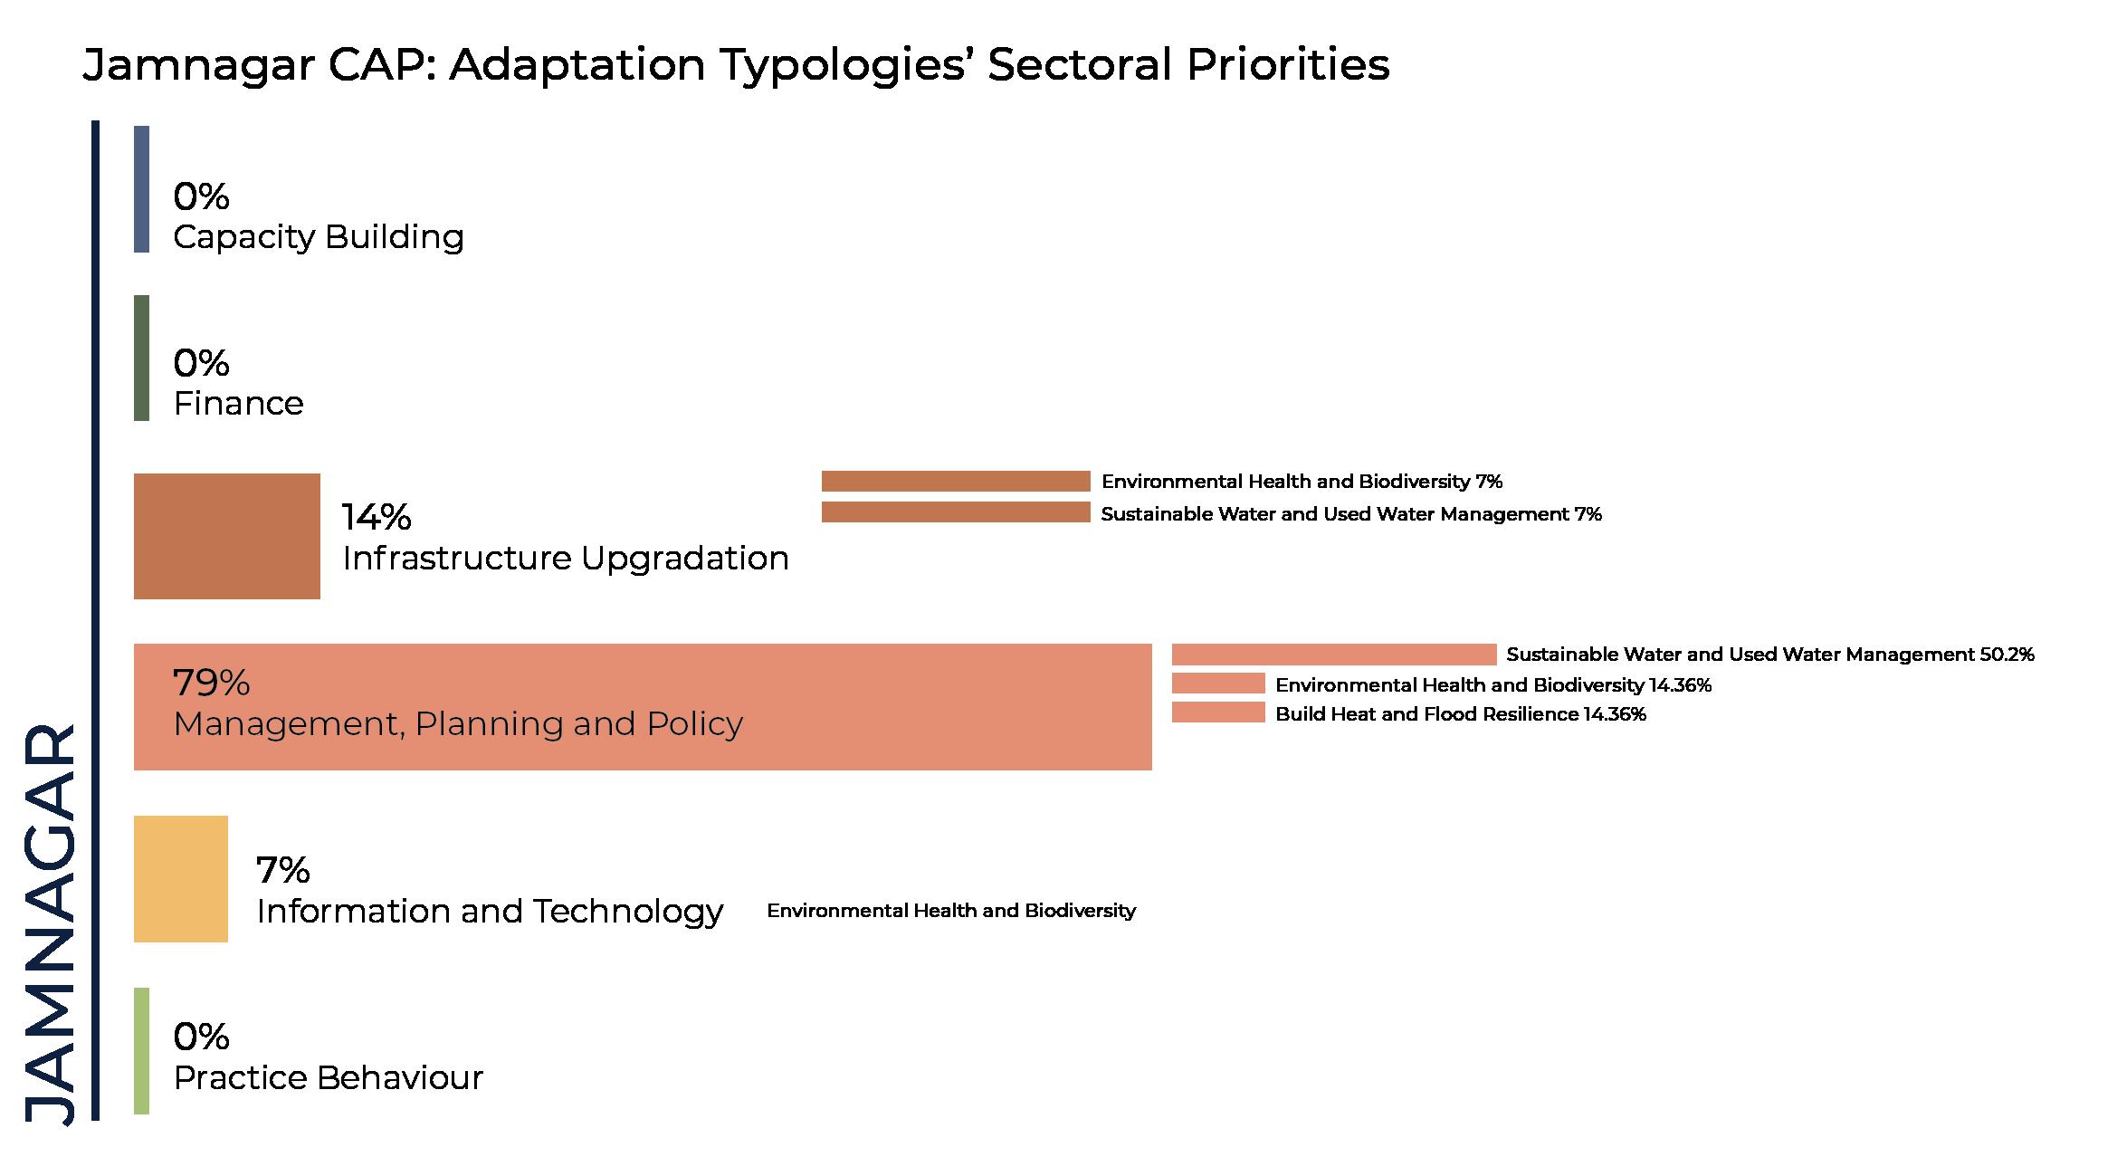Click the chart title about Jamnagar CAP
pos(736,65)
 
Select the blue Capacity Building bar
pos(141,188)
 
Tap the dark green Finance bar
pos(141,358)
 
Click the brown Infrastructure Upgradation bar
pos(227,536)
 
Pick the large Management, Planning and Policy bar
pos(643,707)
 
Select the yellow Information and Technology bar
pos(181,879)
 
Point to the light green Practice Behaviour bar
pos(141,1050)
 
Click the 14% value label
pos(377,517)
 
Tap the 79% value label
pos(211,683)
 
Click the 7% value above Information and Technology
pos(283,870)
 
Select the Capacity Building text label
pos(319,237)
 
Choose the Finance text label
pos(238,403)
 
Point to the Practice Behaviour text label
pos(328,1077)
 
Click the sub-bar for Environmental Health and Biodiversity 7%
pos(956,481)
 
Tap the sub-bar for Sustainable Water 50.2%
pos(1334,655)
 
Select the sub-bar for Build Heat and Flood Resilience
pos(1218,712)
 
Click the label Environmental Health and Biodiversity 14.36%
pos(1493,685)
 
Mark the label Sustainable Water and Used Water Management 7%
pos(1351,514)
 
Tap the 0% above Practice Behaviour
pos(201,1037)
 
